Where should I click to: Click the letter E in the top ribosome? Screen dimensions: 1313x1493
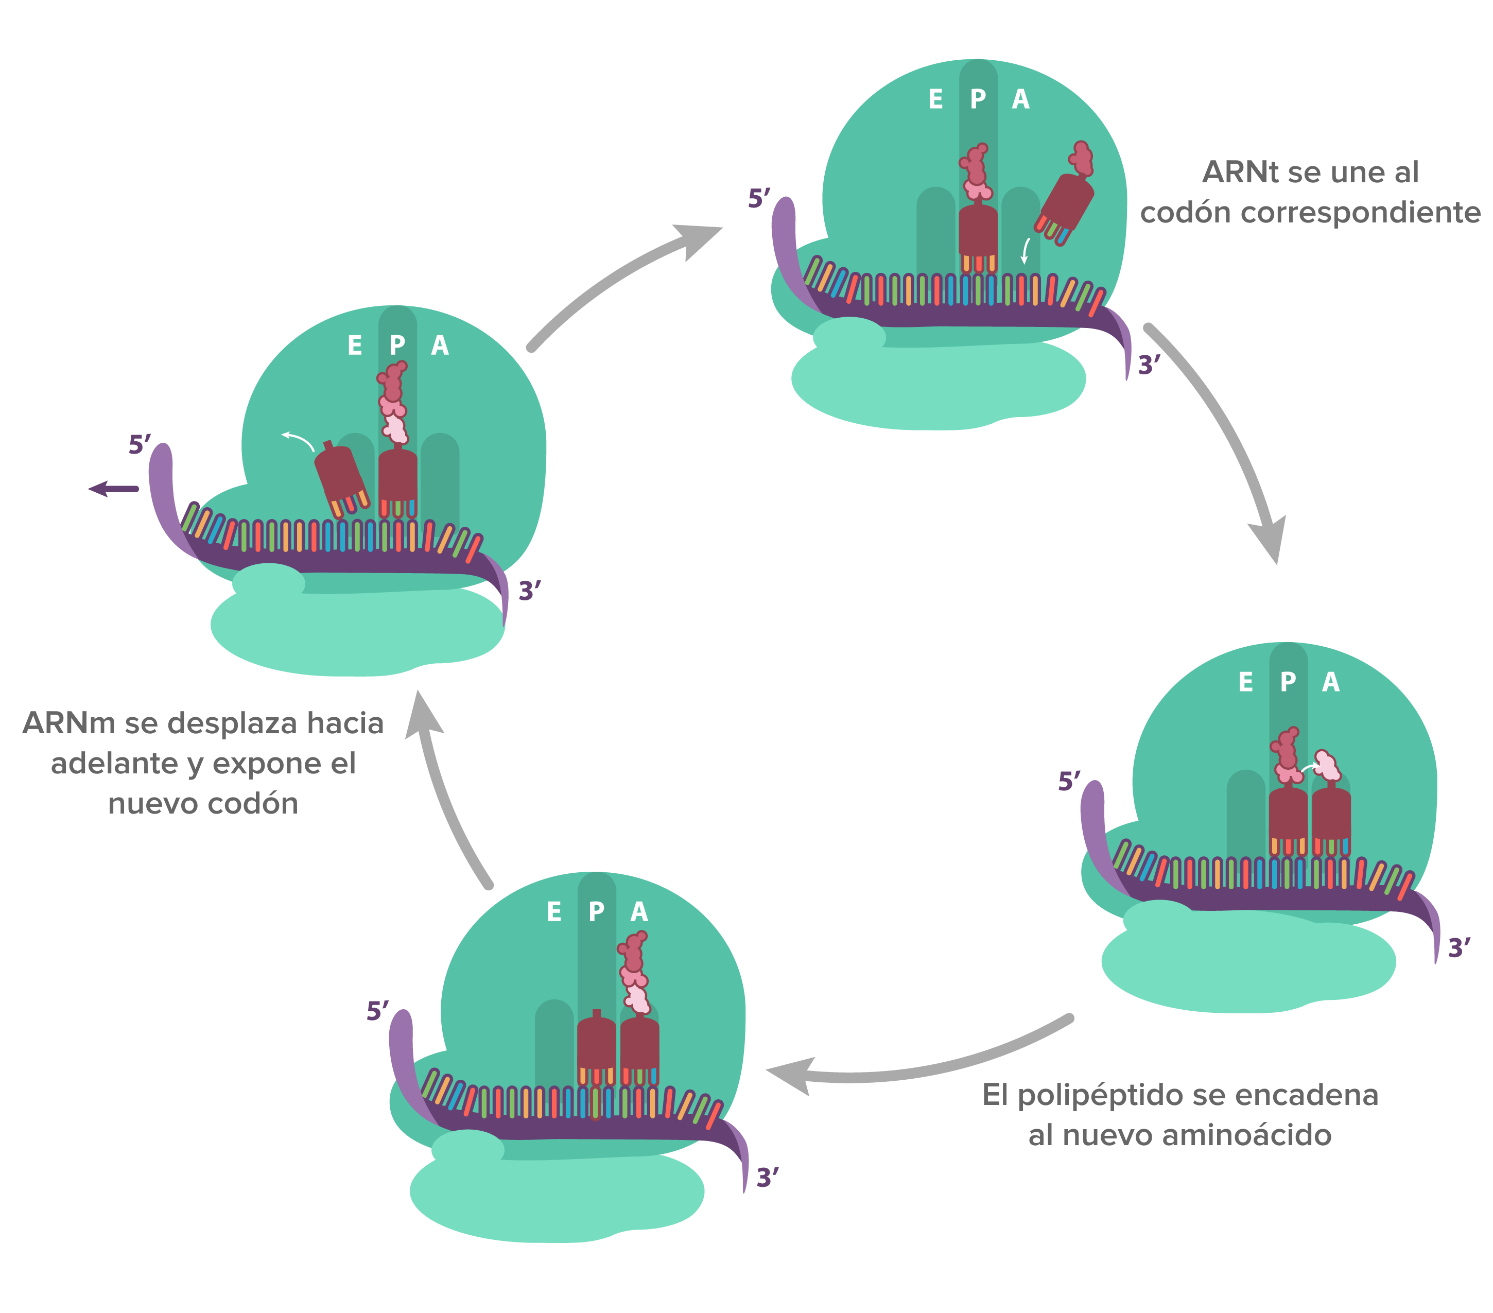click(x=935, y=99)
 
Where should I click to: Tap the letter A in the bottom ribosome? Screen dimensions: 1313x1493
click(x=639, y=912)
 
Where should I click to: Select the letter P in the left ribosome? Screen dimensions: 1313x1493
click(x=397, y=345)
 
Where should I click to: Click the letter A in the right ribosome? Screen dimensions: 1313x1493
click(x=1331, y=682)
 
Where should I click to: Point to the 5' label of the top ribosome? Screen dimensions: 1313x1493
click(x=759, y=198)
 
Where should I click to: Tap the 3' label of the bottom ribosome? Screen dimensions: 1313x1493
click(x=767, y=1178)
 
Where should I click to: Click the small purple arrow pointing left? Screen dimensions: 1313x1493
click(x=113, y=489)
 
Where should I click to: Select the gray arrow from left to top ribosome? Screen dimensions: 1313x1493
click(x=621, y=281)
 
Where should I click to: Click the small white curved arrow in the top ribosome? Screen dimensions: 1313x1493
click(x=1026, y=251)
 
